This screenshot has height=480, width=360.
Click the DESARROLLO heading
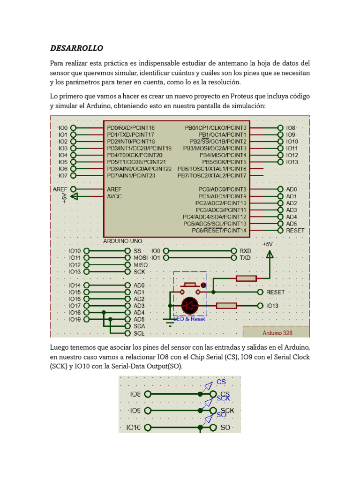[x=76, y=48]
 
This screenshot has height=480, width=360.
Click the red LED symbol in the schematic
[x=190, y=306]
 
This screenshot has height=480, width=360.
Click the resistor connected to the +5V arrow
[x=246, y=278]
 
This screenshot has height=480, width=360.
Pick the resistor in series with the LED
[x=226, y=306]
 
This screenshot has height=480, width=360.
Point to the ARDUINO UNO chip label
[x=123, y=241]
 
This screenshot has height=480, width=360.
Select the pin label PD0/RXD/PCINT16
[x=131, y=127]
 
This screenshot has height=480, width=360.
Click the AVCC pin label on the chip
[x=114, y=196]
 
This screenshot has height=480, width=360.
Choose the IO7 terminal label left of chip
[x=63, y=175]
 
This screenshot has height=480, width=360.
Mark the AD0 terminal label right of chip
[x=291, y=189]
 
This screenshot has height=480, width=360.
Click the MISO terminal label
[x=141, y=265]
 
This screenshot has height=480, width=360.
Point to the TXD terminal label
[x=245, y=258]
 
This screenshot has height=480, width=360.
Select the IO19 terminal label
[x=75, y=319]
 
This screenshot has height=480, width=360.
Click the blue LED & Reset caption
[x=189, y=319]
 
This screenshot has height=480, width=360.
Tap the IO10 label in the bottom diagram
[x=134, y=427]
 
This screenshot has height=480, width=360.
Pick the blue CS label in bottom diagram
[x=221, y=382]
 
